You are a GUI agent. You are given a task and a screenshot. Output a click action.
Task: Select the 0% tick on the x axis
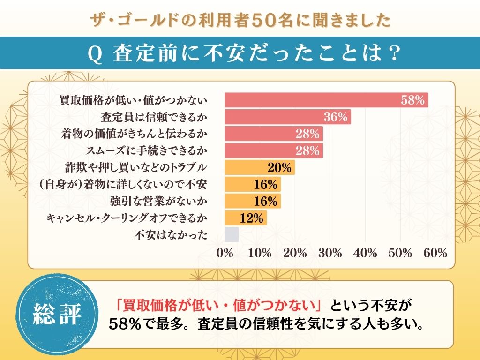(225, 253)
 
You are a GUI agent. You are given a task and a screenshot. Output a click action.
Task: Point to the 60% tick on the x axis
(435, 253)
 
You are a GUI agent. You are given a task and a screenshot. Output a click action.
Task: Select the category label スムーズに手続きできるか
(147, 150)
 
